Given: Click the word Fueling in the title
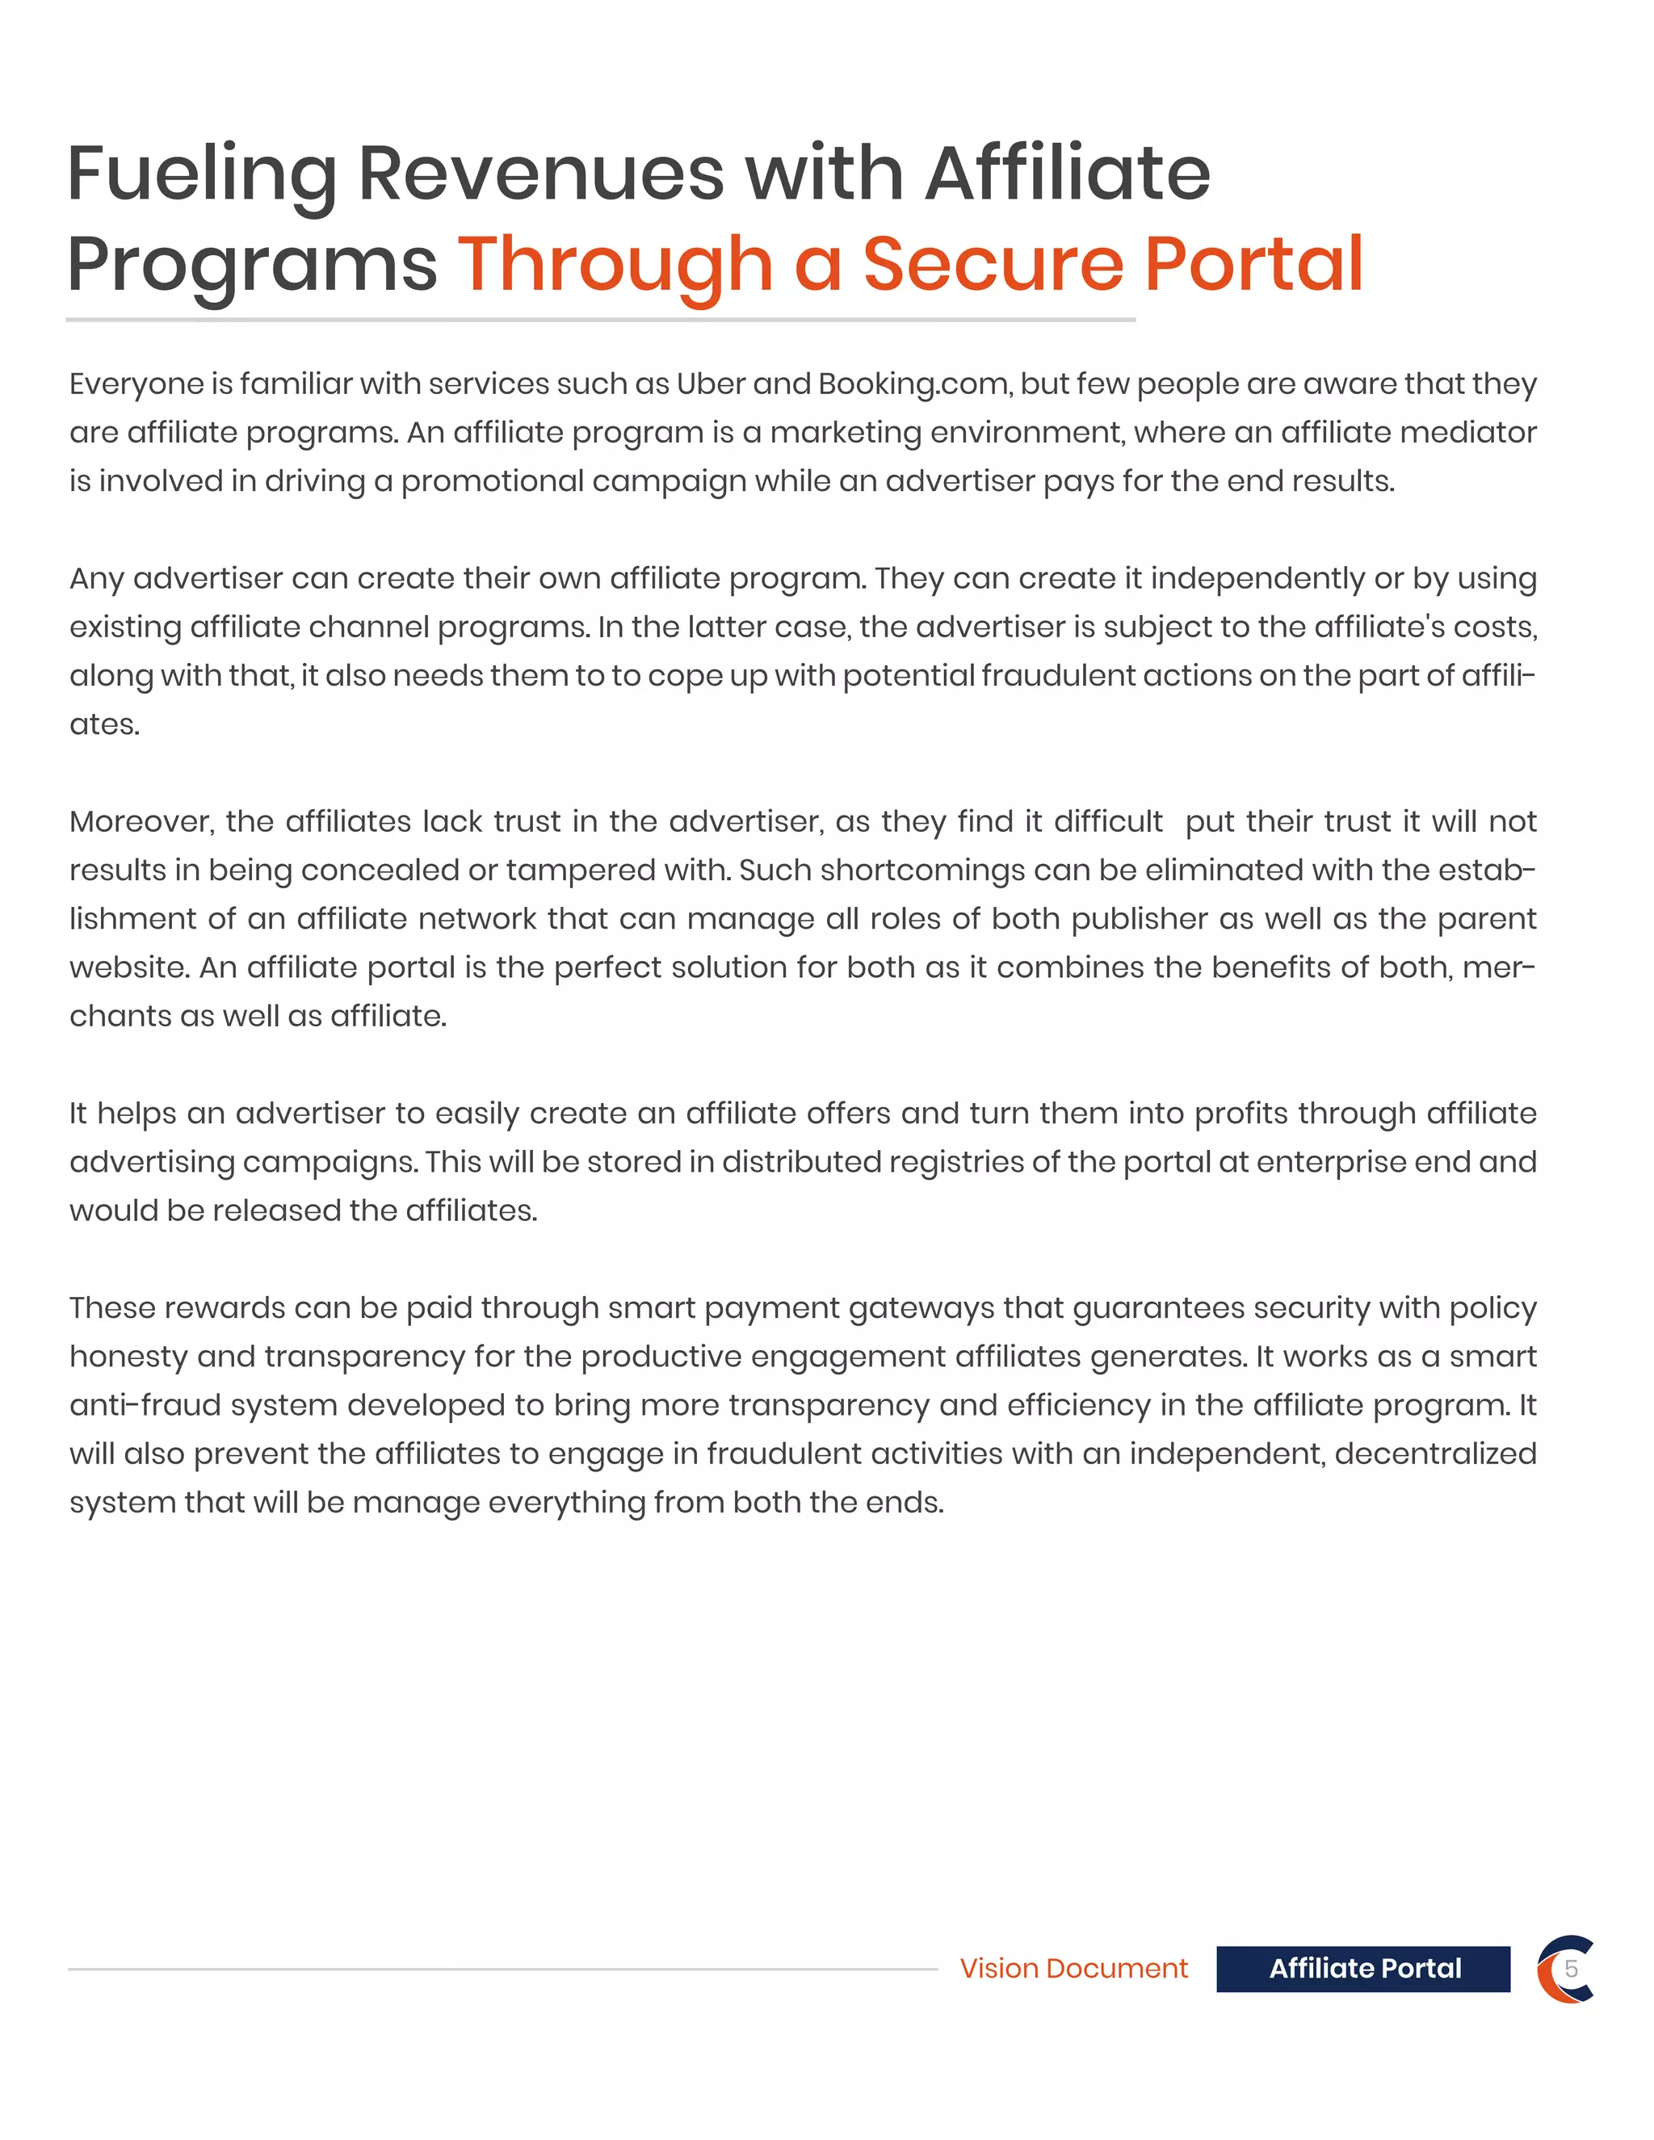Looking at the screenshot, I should point(201,174).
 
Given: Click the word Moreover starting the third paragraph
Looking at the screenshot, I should point(140,821).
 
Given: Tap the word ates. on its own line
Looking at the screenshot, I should point(104,724).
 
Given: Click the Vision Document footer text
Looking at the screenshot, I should point(1073,1969).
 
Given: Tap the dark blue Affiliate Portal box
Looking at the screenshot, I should point(1363,1969).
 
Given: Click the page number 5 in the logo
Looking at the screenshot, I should point(1571,1970).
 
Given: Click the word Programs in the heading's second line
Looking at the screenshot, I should point(252,265).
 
